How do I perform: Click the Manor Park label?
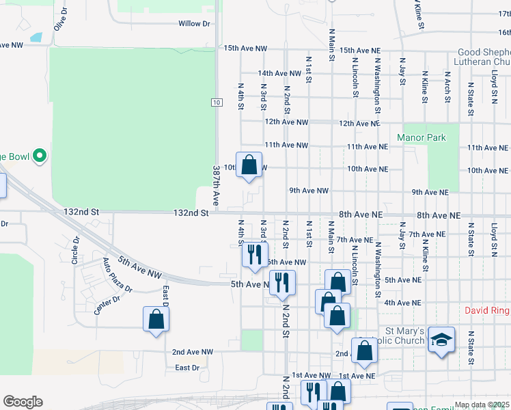click(x=422, y=138)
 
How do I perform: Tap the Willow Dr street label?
click(x=194, y=24)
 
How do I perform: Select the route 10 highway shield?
click(x=216, y=102)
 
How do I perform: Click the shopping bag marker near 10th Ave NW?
click(x=249, y=165)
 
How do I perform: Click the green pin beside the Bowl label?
click(x=39, y=156)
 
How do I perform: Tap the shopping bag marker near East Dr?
click(x=156, y=319)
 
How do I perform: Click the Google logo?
click(x=23, y=402)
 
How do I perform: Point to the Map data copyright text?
click(x=482, y=405)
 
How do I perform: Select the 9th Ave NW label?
click(x=309, y=191)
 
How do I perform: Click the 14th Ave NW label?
click(x=279, y=73)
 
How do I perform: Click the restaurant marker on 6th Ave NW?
click(x=255, y=254)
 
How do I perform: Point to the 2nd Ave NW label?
click(x=193, y=352)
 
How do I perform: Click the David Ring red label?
click(x=487, y=311)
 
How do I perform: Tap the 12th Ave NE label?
click(x=359, y=124)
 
